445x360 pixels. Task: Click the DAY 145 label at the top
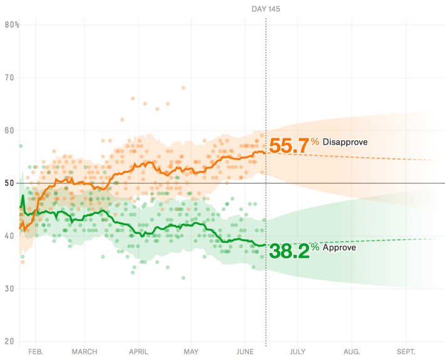[x=266, y=9]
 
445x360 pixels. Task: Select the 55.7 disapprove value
[x=289, y=146]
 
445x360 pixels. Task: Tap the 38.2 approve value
[x=289, y=250]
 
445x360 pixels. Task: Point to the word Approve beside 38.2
[x=339, y=247]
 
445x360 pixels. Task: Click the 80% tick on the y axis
[x=12, y=25]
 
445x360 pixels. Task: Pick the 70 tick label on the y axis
[x=9, y=78]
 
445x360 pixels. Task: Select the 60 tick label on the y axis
[x=9, y=130]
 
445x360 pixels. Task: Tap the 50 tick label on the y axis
[x=9, y=183]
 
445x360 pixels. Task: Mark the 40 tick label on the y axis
[x=9, y=235]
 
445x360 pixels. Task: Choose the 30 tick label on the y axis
[x=9, y=288]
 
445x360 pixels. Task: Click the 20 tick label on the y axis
[x=9, y=341]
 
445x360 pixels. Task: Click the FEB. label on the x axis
[x=36, y=352]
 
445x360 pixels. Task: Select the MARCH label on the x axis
[x=85, y=352]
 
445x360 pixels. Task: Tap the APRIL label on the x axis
[x=139, y=352]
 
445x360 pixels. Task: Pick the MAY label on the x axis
[x=191, y=352]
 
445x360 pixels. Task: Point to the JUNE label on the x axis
[x=245, y=352]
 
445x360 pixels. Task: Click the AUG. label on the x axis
[x=352, y=352]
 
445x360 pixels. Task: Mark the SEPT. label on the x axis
[x=406, y=352]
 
